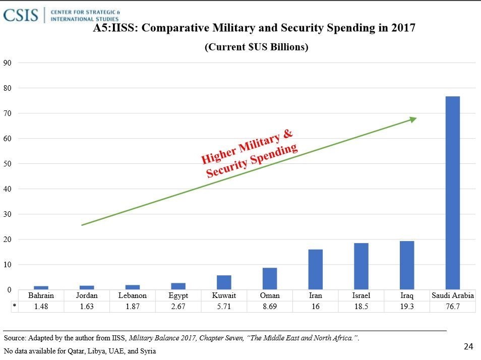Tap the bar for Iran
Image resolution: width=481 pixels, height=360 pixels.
pyautogui.click(x=316, y=269)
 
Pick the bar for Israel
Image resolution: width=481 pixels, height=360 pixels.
pyautogui.click(x=361, y=266)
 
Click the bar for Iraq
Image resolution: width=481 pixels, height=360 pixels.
pyautogui.click(x=407, y=265)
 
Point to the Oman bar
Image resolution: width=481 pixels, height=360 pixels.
pyautogui.click(x=270, y=278)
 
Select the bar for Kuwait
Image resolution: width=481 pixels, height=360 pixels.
pyautogui.click(x=224, y=282)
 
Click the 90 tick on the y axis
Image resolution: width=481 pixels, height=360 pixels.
pyautogui.click(x=8, y=63)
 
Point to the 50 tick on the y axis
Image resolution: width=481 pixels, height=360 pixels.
pyautogui.click(x=8, y=164)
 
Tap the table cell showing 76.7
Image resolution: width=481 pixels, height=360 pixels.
pyautogui.click(x=453, y=307)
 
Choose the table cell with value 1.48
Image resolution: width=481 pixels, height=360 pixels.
pyautogui.click(x=41, y=307)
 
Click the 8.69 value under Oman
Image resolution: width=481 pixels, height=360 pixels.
pyautogui.click(x=270, y=307)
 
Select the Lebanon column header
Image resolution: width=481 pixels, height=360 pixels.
pyautogui.click(x=133, y=295)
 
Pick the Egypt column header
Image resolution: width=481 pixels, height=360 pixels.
pyautogui.click(x=178, y=295)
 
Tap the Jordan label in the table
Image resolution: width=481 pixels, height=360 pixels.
pyautogui.click(x=87, y=295)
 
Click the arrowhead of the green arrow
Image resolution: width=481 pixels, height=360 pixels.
pyautogui.click(x=413, y=119)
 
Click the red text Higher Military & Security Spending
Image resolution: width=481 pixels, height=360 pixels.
pyautogui.click(x=250, y=154)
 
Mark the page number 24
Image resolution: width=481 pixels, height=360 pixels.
pyautogui.click(x=468, y=346)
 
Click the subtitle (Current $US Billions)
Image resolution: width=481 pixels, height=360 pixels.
pyautogui.click(x=256, y=47)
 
